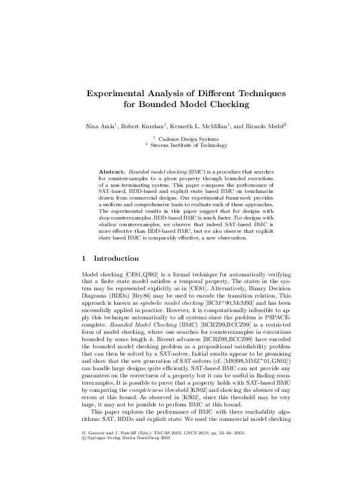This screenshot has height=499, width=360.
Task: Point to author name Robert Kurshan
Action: click(x=140, y=126)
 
